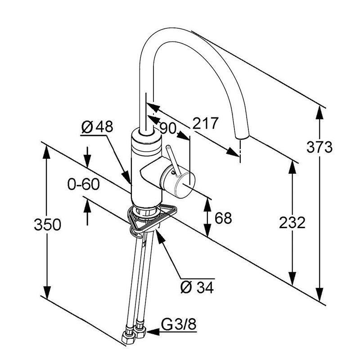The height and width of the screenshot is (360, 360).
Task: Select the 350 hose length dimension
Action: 47,224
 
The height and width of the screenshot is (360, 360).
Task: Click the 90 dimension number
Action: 167,128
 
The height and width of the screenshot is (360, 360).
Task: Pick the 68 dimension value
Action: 222,218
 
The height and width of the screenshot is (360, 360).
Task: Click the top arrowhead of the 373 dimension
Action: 320,111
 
